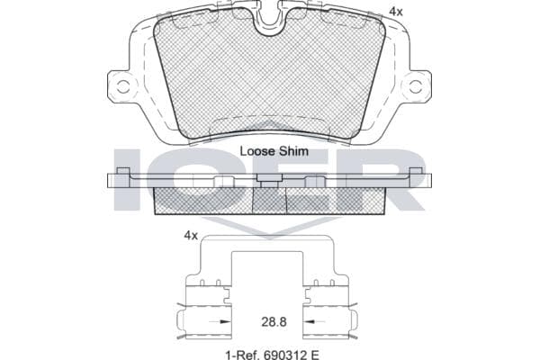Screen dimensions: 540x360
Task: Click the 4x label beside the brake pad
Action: (x=396, y=12)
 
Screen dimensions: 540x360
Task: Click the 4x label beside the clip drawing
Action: (x=191, y=236)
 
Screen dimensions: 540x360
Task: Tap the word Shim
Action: (x=293, y=151)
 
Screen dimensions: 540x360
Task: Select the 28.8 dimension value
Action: (x=274, y=322)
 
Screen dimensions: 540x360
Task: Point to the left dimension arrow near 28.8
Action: (x=220, y=322)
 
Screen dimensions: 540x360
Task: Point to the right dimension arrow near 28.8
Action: (x=314, y=322)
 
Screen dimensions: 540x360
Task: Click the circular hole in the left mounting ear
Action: (x=122, y=86)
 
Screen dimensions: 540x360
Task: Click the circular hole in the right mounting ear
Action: (x=416, y=86)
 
